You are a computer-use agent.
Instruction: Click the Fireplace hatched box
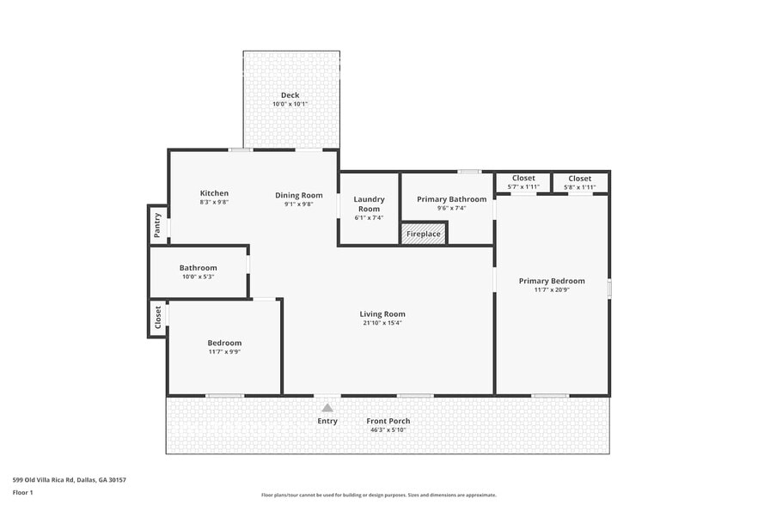[424, 234]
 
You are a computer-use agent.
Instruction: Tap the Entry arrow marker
[327, 408]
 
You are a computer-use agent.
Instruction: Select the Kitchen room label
[214, 193]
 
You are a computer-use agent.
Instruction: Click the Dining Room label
[299, 195]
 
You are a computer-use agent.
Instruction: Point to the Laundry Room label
[369, 204]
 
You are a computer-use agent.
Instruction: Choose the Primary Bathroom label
[451, 199]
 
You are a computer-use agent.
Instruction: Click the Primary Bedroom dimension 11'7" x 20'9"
[552, 290]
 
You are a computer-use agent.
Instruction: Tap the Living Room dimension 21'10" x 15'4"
[382, 323]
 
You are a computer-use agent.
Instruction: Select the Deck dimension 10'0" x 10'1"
[290, 104]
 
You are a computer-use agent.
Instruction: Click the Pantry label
[157, 225]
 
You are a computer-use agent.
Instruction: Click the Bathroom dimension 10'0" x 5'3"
[198, 277]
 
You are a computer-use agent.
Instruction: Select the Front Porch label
[388, 421]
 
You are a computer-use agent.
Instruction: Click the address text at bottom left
[70, 480]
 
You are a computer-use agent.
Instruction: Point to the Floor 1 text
[22, 492]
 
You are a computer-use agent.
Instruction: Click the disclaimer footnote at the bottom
[378, 495]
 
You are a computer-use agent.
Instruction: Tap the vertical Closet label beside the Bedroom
[158, 319]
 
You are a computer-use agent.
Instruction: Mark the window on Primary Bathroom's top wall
[468, 172]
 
